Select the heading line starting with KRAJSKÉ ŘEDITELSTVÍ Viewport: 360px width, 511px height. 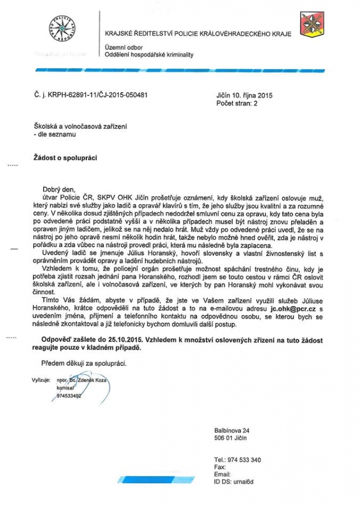point(198,34)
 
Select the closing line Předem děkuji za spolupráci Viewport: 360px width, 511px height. point(84,362)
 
